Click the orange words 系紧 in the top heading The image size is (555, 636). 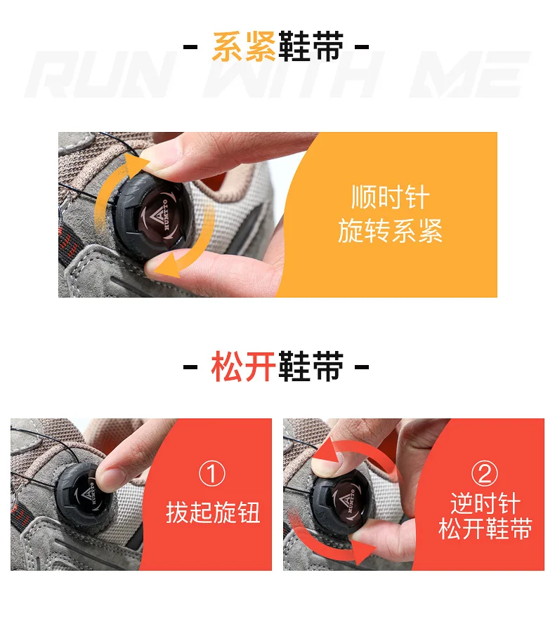tap(244, 46)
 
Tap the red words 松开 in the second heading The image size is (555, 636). tap(244, 366)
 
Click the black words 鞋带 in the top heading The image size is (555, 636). tap(311, 46)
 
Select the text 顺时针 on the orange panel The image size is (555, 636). tap(390, 197)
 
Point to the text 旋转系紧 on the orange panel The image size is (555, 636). tap(390, 230)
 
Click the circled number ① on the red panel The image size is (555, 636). tap(212, 473)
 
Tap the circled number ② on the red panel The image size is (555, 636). tap(484, 473)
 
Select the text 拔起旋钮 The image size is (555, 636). tap(213, 512)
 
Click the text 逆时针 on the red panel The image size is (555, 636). tap(485, 504)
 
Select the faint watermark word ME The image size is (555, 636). tap(470, 75)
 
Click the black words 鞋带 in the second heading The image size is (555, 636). tap(311, 366)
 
